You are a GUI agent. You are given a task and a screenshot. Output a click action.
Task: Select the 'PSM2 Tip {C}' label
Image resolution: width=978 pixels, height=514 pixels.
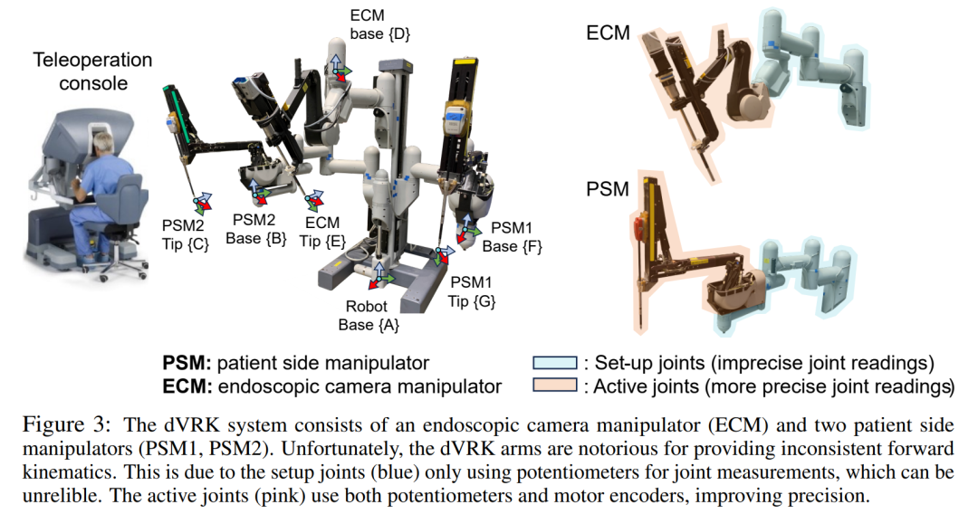click(185, 233)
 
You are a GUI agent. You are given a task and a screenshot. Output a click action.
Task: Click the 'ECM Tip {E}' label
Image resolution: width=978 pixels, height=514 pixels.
click(321, 232)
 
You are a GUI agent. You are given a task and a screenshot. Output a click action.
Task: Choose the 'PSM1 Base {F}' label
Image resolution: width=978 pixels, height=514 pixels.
click(512, 237)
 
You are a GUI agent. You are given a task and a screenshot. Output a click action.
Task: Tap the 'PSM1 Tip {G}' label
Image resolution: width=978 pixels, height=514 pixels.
click(473, 291)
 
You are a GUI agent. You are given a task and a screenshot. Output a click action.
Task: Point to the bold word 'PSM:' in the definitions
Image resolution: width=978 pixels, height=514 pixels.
click(185, 363)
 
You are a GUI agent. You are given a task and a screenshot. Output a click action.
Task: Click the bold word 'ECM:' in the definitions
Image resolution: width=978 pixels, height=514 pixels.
click(186, 386)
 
